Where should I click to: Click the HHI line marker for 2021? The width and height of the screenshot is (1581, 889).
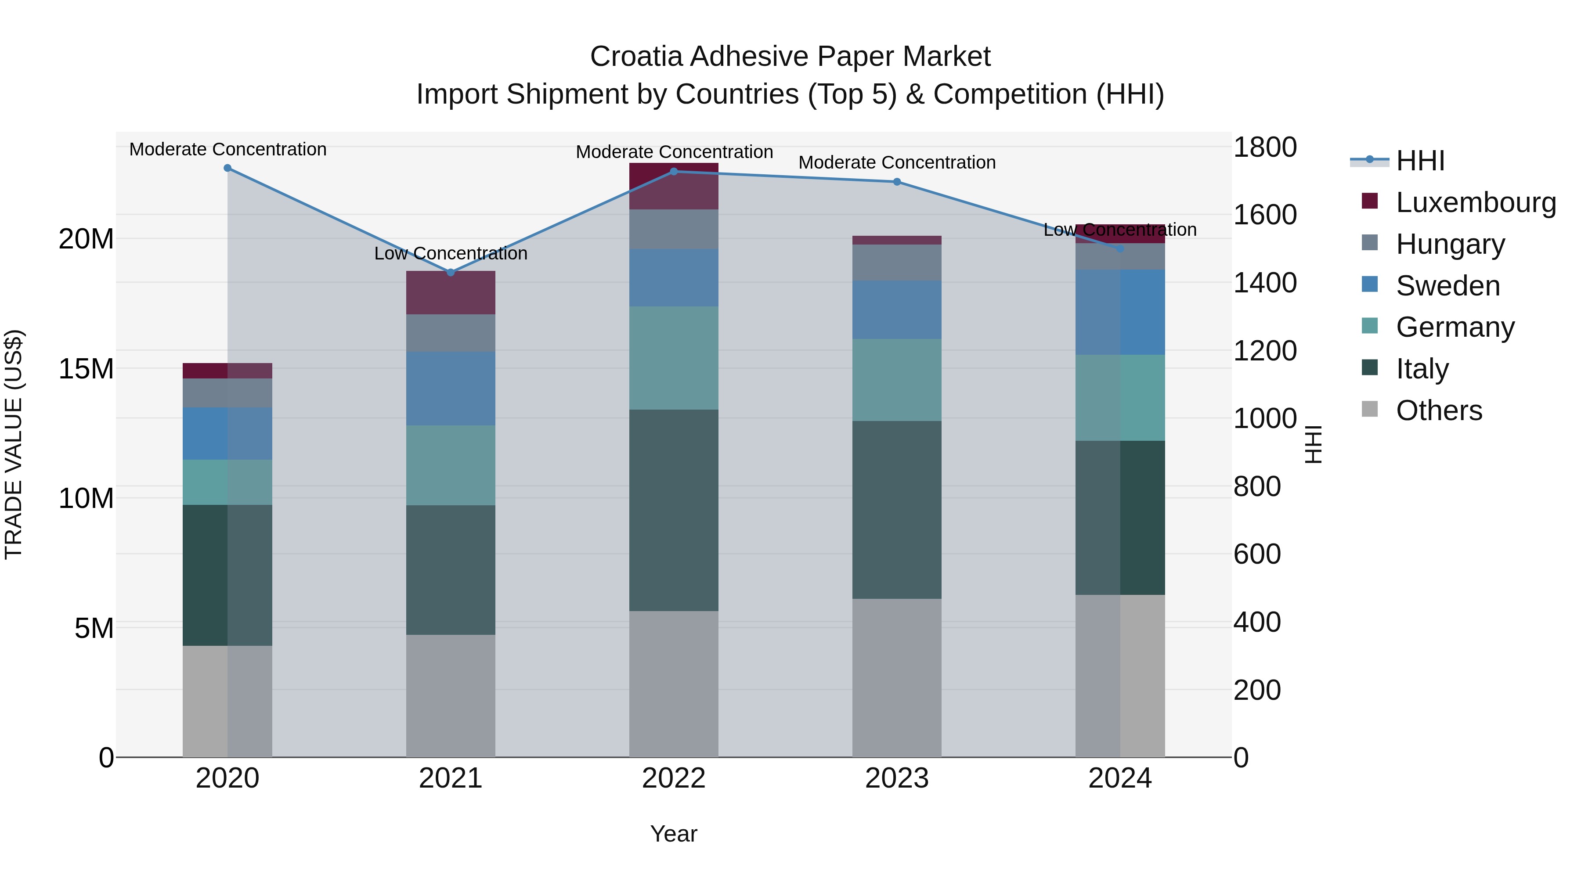pyautogui.click(x=451, y=272)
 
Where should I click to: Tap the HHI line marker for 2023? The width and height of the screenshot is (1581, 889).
pyautogui.click(x=897, y=182)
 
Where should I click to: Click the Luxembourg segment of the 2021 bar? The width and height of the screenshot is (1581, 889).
pyautogui.click(x=451, y=293)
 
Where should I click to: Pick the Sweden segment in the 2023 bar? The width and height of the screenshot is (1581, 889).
pyautogui.click(x=897, y=310)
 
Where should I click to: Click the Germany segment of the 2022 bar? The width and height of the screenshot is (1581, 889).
pyautogui.click(x=673, y=358)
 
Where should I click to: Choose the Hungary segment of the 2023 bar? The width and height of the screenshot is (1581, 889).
pyautogui.click(x=897, y=263)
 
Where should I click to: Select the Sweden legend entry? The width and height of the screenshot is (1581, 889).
pyautogui.click(x=1447, y=285)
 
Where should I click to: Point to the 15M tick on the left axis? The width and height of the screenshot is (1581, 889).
pyautogui.click(x=86, y=369)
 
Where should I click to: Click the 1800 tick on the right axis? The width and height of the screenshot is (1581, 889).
pyautogui.click(x=1264, y=147)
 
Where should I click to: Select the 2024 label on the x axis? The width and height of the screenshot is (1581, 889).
pyautogui.click(x=1119, y=778)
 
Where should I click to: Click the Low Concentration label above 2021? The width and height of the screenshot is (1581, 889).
pyautogui.click(x=451, y=253)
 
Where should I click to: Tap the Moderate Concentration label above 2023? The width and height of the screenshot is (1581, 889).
pyautogui.click(x=897, y=162)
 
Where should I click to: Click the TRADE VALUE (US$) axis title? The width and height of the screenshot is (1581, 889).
pyautogui.click(x=14, y=444)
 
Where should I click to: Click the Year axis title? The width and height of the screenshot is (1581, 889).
pyautogui.click(x=673, y=834)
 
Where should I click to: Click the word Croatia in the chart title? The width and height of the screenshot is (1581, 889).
pyautogui.click(x=636, y=57)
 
